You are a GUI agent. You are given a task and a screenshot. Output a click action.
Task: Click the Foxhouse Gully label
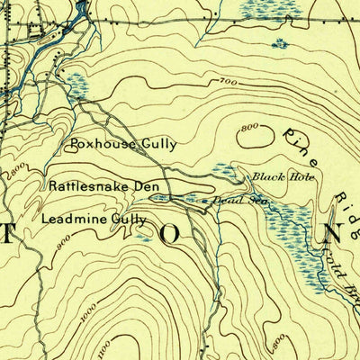click(x=123, y=143)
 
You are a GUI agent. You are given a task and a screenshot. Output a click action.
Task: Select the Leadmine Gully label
click(x=94, y=219)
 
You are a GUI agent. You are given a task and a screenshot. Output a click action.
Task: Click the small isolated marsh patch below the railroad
click(x=280, y=42)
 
